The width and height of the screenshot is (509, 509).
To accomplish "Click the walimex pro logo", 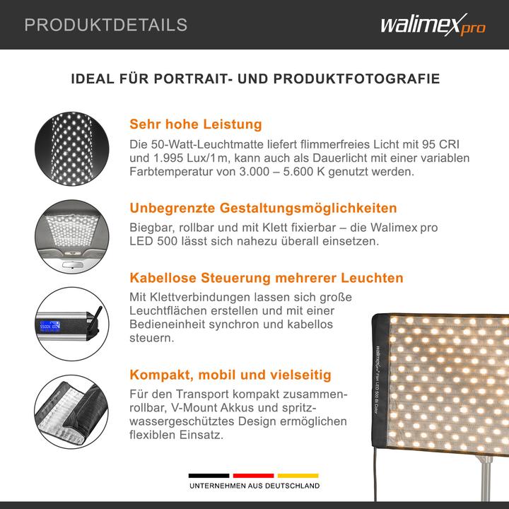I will coord(431,25).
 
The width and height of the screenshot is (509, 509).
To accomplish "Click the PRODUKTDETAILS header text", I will coord(106,25).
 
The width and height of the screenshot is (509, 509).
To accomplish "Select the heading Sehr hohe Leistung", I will coord(196,124).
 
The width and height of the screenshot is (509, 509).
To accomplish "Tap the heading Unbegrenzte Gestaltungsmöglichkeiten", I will coord(263,209).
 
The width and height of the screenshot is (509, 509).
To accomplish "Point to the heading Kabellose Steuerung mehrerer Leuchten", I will coord(267,277).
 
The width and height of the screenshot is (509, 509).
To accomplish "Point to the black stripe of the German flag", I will coord(209,476).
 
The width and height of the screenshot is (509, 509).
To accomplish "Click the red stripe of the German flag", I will coord(254,476).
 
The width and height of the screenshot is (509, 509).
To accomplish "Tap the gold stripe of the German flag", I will coord(298,476).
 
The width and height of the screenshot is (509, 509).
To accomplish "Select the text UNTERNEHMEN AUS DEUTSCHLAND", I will coord(253,486).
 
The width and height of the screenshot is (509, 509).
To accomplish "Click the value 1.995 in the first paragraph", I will coord(171,158).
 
